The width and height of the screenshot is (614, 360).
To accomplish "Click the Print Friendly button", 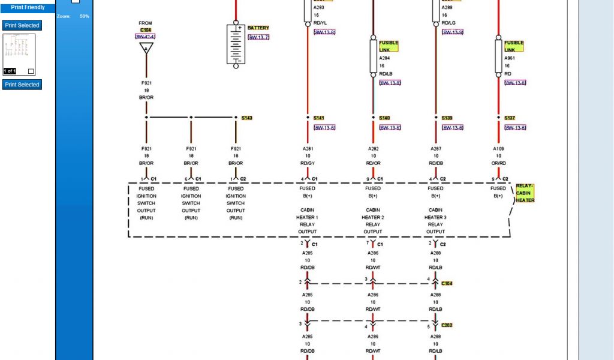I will (x=28, y=8).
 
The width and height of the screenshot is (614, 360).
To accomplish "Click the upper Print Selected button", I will (x=22, y=25).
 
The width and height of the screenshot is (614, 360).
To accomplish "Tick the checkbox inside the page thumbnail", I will (x=31, y=71).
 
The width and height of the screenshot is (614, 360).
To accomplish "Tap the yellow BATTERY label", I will (x=258, y=28).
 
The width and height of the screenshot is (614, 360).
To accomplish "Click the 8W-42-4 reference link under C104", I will (x=145, y=37).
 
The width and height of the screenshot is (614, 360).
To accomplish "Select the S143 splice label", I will (x=247, y=118).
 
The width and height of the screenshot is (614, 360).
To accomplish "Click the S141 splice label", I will (x=318, y=118).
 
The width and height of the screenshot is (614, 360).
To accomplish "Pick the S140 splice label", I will (x=384, y=118).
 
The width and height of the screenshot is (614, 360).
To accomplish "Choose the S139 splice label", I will (x=447, y=118).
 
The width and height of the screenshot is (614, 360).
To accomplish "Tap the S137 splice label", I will (x=510, y=118).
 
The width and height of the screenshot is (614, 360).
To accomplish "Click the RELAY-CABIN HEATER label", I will (x=525, y=193).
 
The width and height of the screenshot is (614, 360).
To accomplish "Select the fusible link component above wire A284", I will (x=373, y=56).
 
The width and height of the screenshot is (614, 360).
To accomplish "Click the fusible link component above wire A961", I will (x=498, y=56).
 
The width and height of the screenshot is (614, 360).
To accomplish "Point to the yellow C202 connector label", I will (x=447, y=325).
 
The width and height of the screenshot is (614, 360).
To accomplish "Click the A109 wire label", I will (x=498, y=149).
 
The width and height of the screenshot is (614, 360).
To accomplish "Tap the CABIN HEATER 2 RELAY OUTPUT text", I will (x=372, y=221).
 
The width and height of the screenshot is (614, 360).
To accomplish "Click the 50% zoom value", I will (x=85, y=16).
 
